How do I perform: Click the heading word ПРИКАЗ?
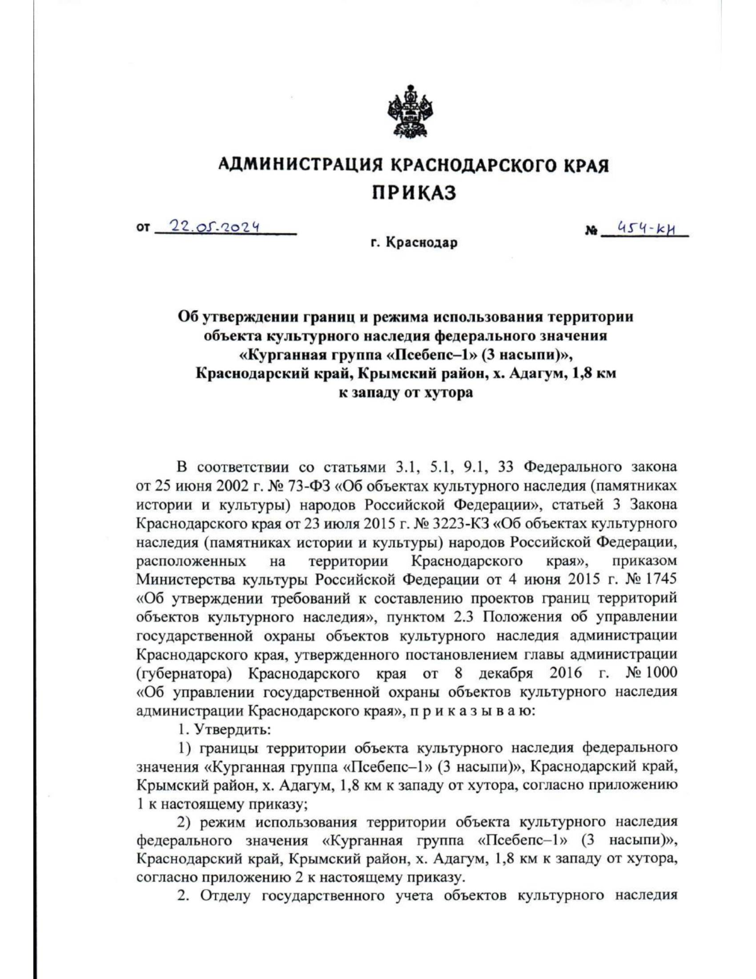[x=413, y=192]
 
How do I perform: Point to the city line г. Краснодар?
[x=414, y=243]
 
